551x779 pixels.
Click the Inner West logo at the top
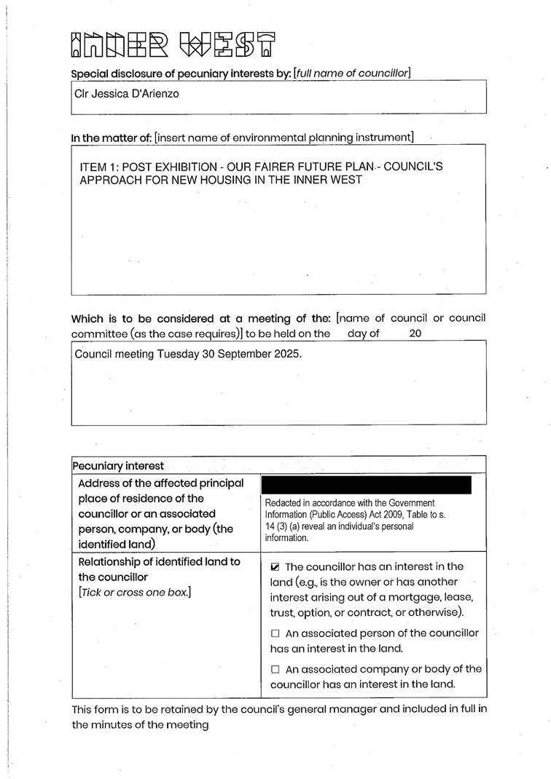coord(173,45)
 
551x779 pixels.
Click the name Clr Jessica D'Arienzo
coord(126,94)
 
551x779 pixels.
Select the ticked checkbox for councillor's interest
coord(275,566)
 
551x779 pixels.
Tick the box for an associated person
coord(275,633)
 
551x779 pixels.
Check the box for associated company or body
coord(275,669)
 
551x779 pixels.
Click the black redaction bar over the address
coord(366,484)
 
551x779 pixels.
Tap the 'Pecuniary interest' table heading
coord(117,465)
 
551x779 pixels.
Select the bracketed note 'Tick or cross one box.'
coord(134,592)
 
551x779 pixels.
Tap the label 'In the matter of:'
coord(111,138)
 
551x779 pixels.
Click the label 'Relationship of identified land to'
coord(159,561)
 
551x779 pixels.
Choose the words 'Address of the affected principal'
coord(160,483)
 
